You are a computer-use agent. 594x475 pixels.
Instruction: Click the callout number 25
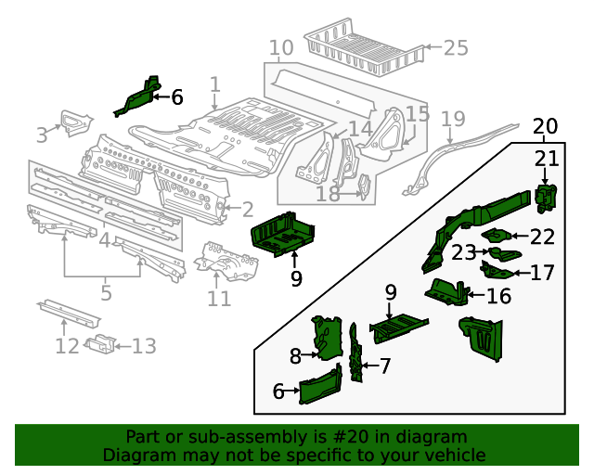455,47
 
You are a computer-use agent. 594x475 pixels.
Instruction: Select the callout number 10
280,48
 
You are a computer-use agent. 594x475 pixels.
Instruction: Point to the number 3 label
42,135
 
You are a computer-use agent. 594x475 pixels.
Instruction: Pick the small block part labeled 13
99,344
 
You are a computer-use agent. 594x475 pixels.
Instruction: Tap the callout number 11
218,299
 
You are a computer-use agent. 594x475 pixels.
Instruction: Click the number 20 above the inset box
545,126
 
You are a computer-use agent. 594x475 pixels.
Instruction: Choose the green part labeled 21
545,197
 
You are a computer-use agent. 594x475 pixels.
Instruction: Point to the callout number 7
384,366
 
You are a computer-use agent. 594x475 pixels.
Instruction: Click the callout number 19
452,119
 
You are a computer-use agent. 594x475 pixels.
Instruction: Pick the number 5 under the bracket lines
106,293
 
